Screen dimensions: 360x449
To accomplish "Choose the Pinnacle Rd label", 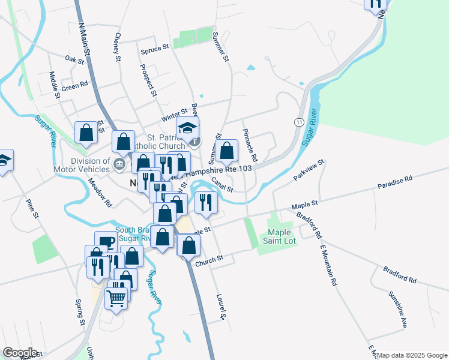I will (250, 145).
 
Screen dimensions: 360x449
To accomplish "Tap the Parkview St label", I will (309, 170).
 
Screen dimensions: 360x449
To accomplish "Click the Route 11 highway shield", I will (298, 122).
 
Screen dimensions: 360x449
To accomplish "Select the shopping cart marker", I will (116, 297).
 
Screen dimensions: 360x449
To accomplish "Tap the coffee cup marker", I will (106, 241).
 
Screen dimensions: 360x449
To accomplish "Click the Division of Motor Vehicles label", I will (91, 165).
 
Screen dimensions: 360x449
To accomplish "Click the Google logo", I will (19, 353).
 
